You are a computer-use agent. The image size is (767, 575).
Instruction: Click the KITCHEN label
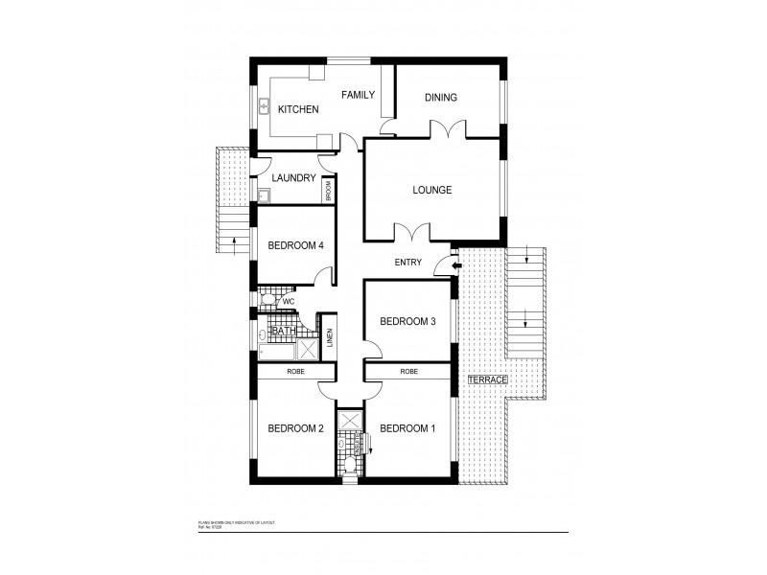[298, 110]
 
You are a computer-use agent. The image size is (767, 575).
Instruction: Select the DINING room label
[440, 97]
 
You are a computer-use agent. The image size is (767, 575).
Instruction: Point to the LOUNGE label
[431, 190]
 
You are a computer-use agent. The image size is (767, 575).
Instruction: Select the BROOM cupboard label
[328, 190]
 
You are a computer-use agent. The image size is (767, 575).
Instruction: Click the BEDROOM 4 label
[295, 245]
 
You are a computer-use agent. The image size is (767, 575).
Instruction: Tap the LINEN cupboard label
[328, 338]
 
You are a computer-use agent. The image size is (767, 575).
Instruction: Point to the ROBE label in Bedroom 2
[295, 370]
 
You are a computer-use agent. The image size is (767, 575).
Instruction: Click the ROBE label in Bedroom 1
[408, 370]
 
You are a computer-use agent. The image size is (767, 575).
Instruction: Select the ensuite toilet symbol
[350, 465]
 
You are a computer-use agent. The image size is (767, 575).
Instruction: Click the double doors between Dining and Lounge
[448, 129]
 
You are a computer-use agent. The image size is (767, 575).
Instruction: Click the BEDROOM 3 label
[408, 321]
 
